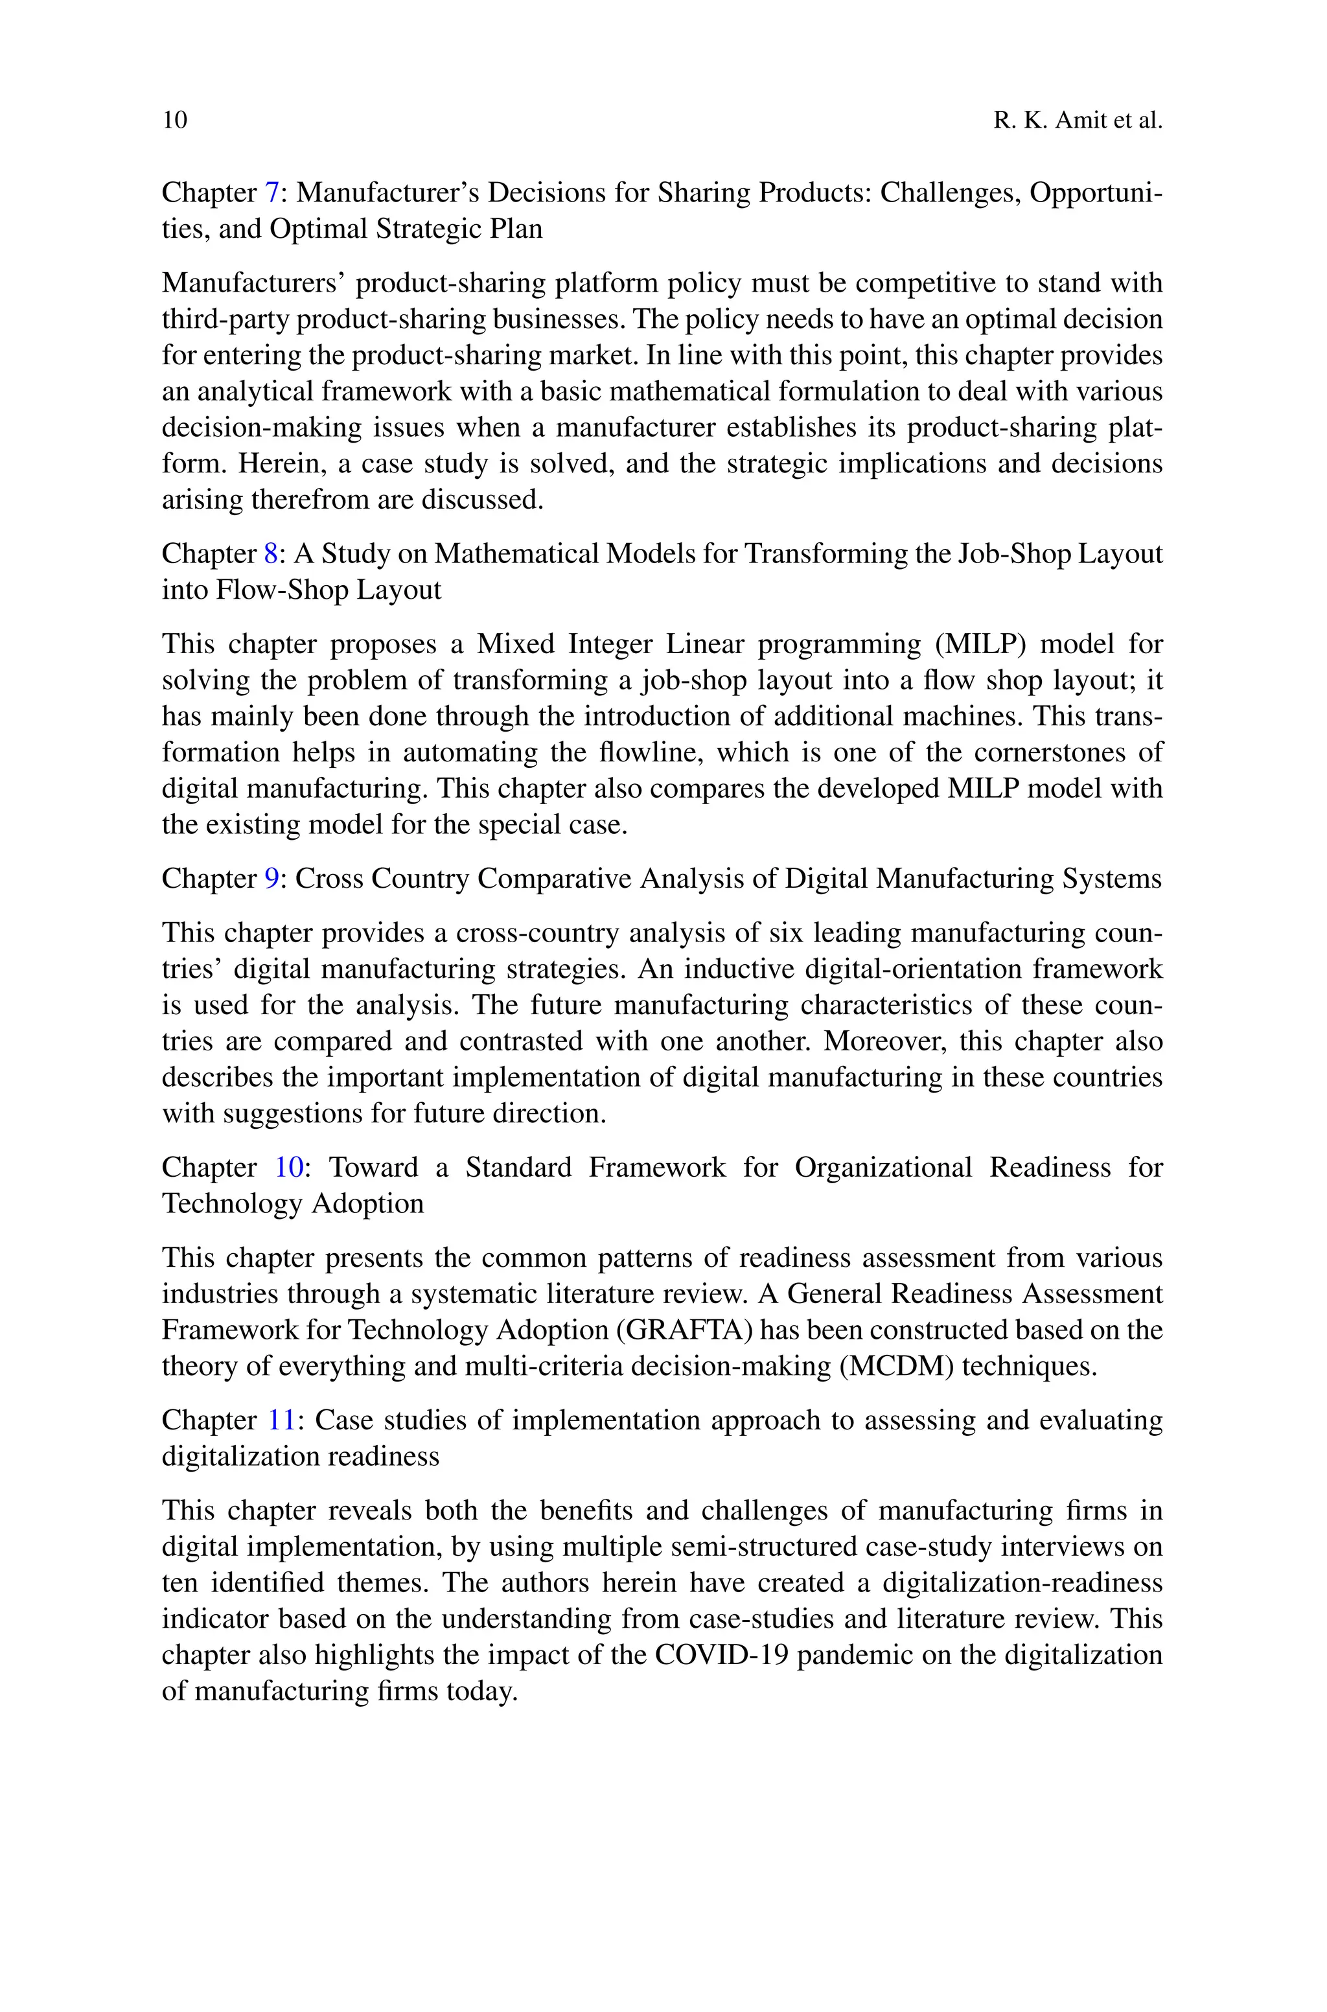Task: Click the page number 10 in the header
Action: point(174,120)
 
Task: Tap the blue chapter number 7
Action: point(271,193)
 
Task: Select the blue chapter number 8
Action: point(271,553)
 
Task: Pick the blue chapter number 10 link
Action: point(288,1167)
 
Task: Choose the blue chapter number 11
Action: point(282,1420)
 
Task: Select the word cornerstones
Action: point(1046,752)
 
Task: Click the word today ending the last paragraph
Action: point(487,1691)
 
